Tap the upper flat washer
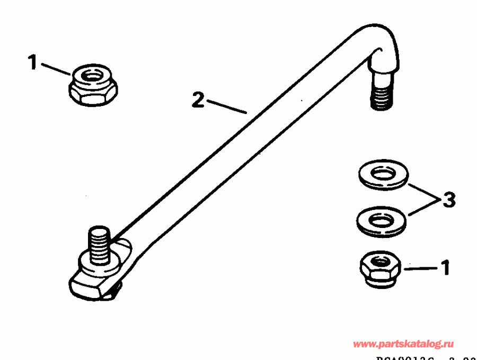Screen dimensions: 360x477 click(x=382, y=175)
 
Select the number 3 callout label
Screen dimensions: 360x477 click(x=448, y=200)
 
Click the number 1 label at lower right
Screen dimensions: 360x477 click(x=445, y=268)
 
